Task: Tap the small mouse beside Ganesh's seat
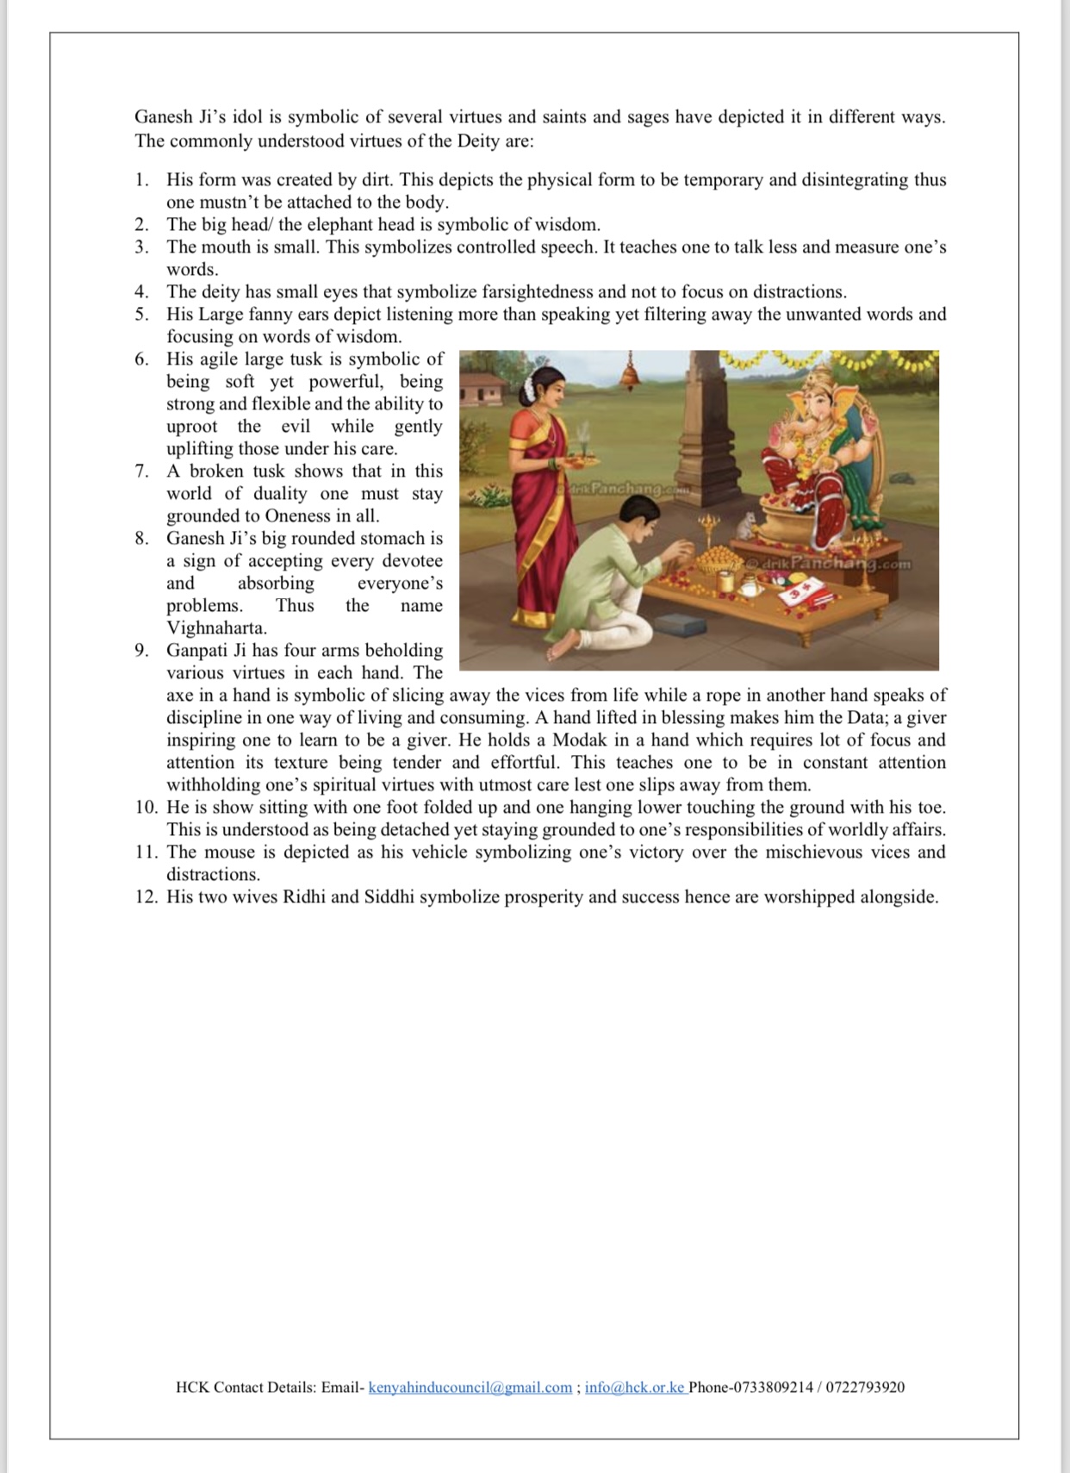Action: tap(749, 521)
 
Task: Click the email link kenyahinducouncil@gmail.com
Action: tap(470, 1387)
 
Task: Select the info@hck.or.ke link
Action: tap(634, 1387)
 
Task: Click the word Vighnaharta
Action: tap(216, 627)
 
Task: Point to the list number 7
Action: tap(141, 471)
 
